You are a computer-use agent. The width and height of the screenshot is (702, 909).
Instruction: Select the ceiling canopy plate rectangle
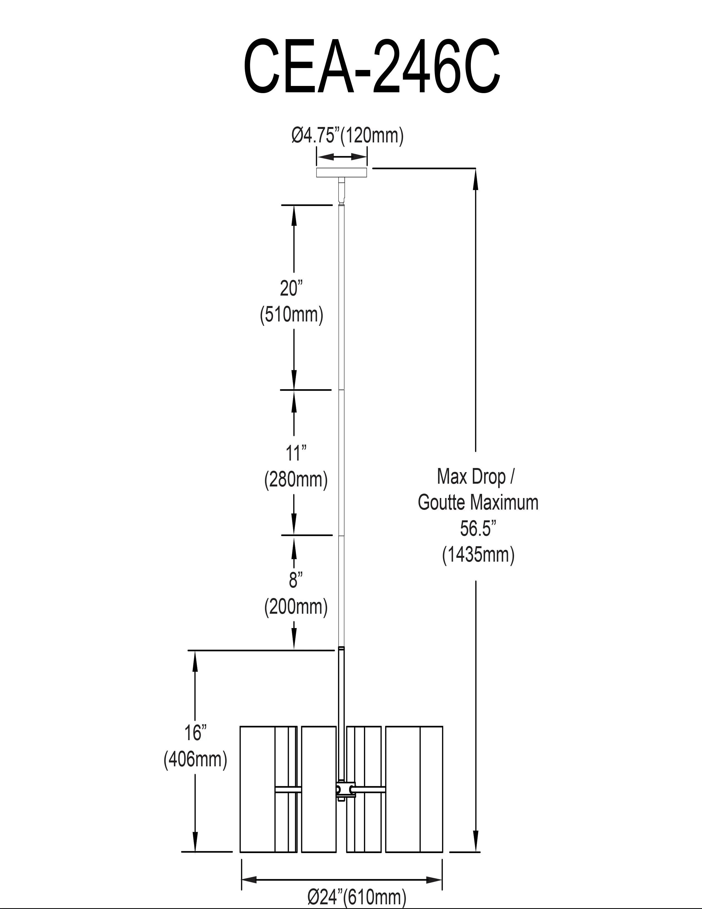click(341, 172)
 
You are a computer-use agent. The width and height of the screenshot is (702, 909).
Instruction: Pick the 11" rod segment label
click(296, 453)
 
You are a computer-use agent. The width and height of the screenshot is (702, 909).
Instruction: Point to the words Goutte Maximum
click(478, 502)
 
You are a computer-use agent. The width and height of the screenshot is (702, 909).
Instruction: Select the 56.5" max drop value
click(478, 529)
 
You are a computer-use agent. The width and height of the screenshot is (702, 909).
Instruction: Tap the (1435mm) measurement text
click(478, 555)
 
